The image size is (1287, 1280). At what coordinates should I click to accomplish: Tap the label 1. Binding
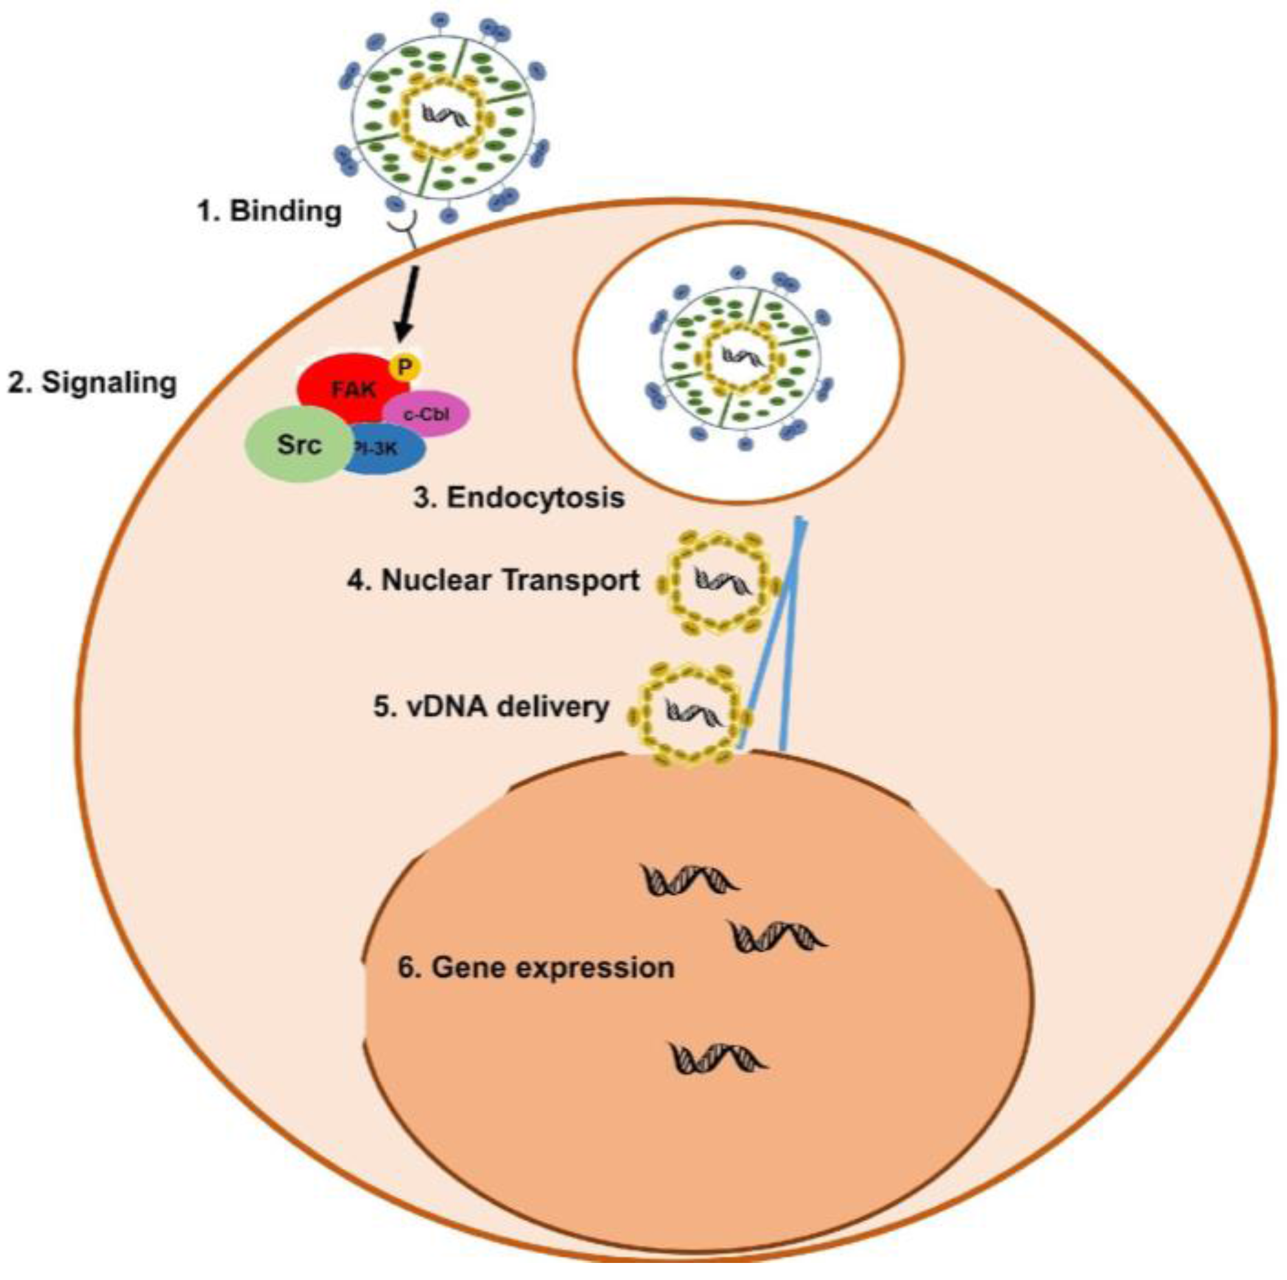click(x=270, y=211)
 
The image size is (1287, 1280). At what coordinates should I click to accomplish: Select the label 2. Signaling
click(x=92, y=383)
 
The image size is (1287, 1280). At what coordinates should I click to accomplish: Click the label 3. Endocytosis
click(x=519, y=498)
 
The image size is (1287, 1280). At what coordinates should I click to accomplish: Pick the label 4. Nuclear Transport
click(x=494, y=580)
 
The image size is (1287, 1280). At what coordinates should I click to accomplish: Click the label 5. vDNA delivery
click(x=491, y=707)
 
